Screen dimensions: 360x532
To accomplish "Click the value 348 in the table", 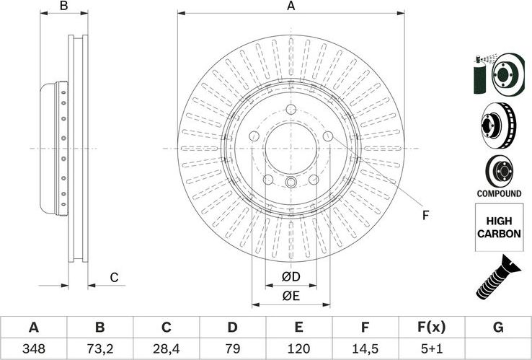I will pyautogui.click(x=33, y=348).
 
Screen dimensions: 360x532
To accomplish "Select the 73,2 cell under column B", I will pyautogui.click(x=99, y=348).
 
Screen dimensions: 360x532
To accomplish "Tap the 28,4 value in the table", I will pyautogui.click(x=166, y=348).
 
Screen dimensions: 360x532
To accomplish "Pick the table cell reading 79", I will pyautogui.click(x=232, y=348).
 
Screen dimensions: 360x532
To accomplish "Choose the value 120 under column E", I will pyautogui.click(x=298, y=348).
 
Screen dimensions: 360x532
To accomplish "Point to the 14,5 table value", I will pyautogui.click(x=365, y=348).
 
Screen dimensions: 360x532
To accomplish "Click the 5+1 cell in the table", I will pyautogui.click(x=431, y=348).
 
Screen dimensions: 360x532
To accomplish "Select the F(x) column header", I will pyautogui.click(x=431, y=328).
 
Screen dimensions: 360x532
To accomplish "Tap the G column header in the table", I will pyautogui.click(x=497, y=328).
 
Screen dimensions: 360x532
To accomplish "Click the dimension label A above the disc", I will pyautogui.click(x=291, y=6).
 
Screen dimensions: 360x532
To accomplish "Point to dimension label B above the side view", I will pyautogui.click(x=63, y=6).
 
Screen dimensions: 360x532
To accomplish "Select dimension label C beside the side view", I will pyautogui.click(x=114, y=278).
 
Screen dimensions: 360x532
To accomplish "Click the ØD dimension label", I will pyautogui.click(x=291, y=278).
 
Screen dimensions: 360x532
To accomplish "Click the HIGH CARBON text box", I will pyautogui.click(x=498, y=228).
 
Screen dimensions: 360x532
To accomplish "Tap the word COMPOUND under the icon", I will pyautogui.click(x=498, y=193).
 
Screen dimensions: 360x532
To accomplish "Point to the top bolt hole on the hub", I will pyautogui.click(x=291, y=110).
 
